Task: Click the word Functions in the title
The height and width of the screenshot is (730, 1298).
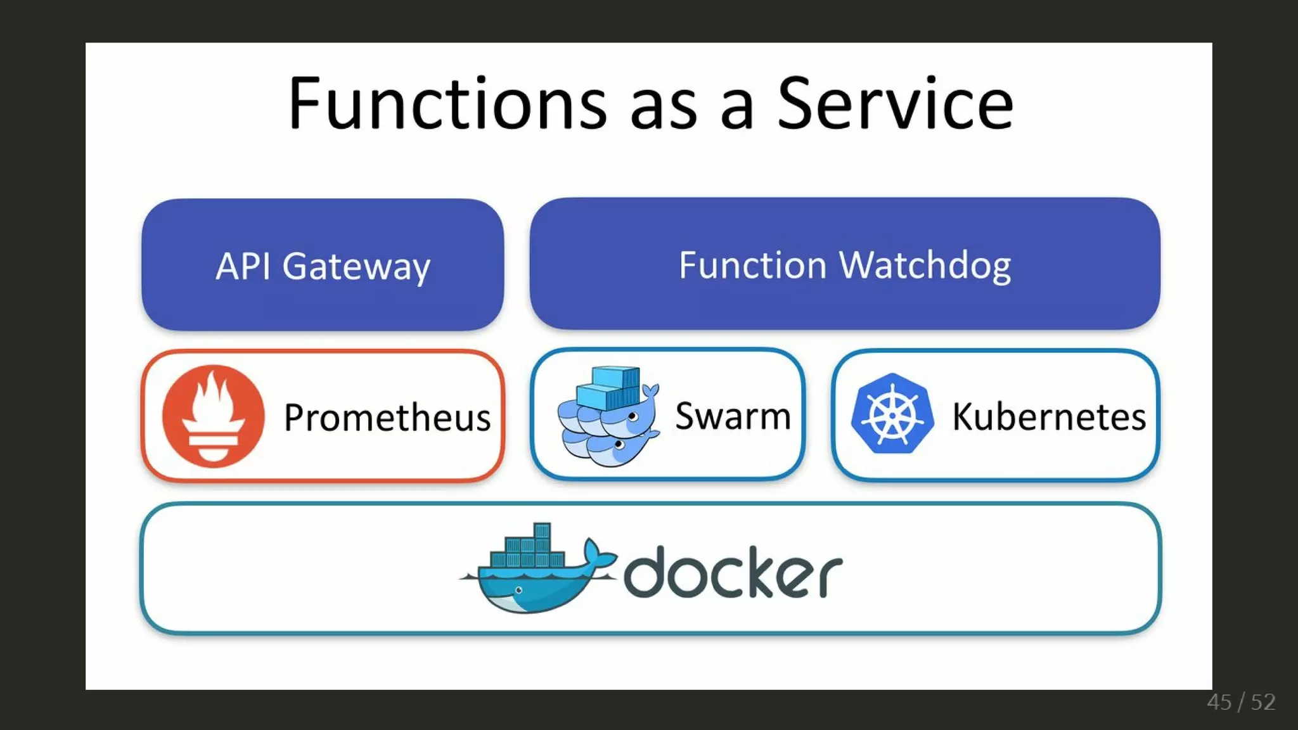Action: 447,103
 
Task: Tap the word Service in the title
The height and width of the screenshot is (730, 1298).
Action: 895,103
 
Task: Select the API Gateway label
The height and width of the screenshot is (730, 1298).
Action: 323,266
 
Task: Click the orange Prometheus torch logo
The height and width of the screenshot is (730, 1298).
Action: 213,416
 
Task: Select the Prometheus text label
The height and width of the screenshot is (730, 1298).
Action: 387,418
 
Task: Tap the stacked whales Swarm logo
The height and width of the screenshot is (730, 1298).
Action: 607,416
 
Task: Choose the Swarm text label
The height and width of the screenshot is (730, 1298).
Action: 733,416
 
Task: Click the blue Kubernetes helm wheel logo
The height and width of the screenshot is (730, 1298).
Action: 892,414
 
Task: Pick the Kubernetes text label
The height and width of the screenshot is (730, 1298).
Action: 1049,417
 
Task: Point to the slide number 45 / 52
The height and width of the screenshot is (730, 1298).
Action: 1241,702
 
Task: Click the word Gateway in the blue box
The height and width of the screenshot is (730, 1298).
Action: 356,266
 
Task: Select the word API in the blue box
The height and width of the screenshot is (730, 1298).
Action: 243,266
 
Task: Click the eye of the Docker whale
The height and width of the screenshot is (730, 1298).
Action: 519,591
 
